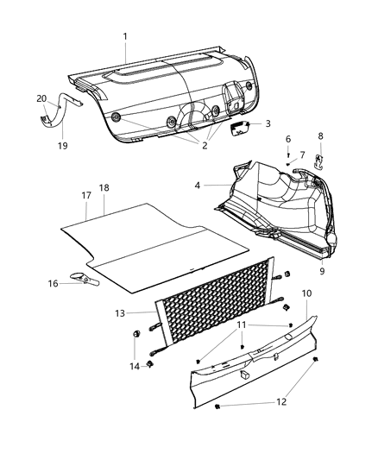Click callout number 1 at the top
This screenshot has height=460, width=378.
click(x=126, y=36)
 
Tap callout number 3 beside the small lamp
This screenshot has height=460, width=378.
click(x=268, y=123)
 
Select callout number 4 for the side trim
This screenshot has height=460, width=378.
click(x=198, y=185)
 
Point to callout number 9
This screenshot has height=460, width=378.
click(x=321, y=272)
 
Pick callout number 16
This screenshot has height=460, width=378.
click(x=54, y=282)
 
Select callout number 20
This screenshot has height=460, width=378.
click(x=41, y=98)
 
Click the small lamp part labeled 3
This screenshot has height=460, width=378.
click(x=239, y=126)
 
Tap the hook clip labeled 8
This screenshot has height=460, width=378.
click(x=318, y=159)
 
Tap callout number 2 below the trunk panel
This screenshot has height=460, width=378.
click(x=204, y=146)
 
